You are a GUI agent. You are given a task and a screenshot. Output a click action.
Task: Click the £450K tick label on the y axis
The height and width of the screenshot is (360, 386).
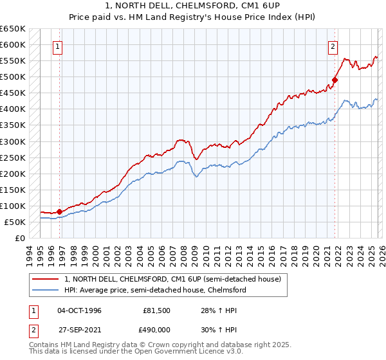(12, 93)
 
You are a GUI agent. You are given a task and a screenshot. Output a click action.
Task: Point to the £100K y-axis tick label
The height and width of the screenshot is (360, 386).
(12, 206)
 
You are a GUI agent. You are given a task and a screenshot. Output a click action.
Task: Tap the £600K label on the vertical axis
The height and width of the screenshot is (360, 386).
(12, 44)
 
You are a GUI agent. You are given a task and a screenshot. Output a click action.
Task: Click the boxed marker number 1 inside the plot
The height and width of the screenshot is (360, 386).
(58, 46)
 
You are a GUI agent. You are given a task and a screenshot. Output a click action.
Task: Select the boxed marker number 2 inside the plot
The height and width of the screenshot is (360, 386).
(333, 46)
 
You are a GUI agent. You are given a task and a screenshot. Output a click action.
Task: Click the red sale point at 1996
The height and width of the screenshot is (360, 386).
(59, 211)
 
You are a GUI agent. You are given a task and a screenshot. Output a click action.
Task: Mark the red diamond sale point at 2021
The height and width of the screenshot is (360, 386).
(335, 80)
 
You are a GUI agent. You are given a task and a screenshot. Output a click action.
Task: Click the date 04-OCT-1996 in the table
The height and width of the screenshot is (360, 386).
(79, 310)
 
